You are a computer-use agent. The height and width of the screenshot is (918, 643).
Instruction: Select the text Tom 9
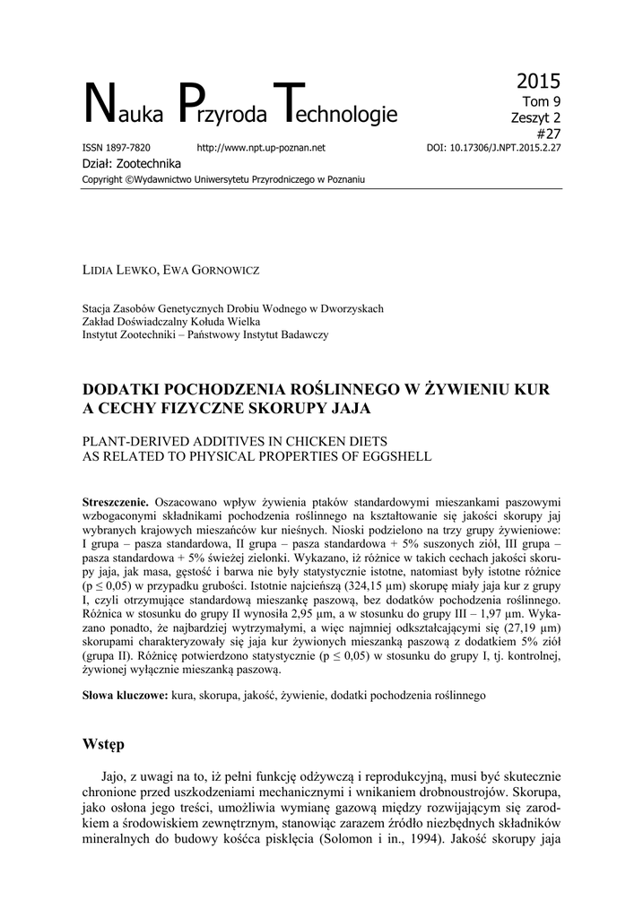[x=541, y=101]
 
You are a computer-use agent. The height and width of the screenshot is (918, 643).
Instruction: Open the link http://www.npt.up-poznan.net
[x=260, y=147]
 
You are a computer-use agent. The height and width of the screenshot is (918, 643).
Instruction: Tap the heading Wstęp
[x=103, y=745]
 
